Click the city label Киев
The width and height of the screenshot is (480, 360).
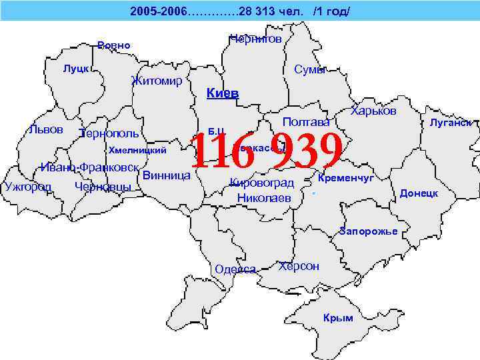pos(223,93)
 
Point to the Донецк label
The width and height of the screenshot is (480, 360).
pos(419,193)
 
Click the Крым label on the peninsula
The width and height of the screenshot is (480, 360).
pos(338,318)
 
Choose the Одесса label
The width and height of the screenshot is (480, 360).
pos(236,269)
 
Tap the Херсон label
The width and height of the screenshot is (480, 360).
pos(299,266)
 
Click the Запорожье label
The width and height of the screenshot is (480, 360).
pos(368,231)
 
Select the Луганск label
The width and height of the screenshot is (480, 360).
pos(451,123)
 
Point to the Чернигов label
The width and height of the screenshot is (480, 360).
pos(255,39)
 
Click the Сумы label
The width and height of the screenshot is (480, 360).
pos(310,70)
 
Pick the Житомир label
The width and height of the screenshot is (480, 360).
pos(157,81)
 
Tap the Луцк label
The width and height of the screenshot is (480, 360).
pos(77,69)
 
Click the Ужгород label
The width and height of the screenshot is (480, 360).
pos(27,186)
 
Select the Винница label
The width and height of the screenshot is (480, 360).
pos(167,176)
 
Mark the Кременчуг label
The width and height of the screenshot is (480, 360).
pos(346,179)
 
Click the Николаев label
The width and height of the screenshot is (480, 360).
pos(264,197)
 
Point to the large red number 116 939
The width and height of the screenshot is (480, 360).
pos(267,152)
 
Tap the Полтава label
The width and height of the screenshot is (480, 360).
pos(306,122)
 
